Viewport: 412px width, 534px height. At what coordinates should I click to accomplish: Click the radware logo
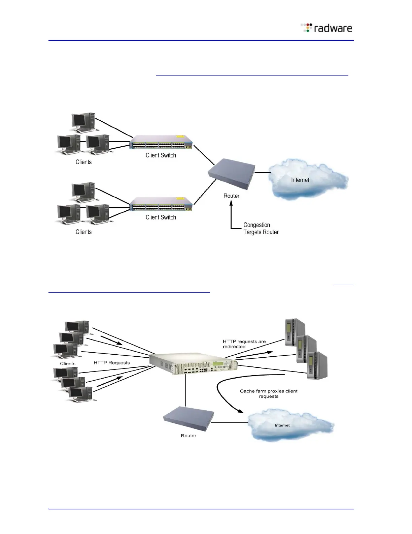(327, 28)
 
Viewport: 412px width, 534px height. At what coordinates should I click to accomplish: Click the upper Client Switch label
(161, 155)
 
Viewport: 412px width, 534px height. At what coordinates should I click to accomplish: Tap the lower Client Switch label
(161, 217)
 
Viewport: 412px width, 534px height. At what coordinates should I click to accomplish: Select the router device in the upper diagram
(232, 175)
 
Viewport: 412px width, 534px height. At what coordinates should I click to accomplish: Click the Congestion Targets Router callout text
(261, 229)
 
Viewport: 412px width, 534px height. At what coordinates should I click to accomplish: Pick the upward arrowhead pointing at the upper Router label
(231, 203)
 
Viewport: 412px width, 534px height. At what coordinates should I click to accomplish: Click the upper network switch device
(161, 143)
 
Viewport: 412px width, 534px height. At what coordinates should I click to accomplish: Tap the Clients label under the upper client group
(83, 162)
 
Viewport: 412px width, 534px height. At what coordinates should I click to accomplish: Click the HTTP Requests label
(111, 363)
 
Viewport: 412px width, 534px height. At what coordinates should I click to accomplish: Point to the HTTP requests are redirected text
(244, 344)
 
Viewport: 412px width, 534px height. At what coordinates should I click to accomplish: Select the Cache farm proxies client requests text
(269, 393)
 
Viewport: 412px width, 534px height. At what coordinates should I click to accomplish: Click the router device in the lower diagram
(188, 419)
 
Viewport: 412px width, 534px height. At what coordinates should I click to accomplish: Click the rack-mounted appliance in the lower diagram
(194, 364)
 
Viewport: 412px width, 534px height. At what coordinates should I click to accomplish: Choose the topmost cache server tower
(295, 332)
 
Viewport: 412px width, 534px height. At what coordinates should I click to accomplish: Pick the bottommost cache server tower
(317, 366)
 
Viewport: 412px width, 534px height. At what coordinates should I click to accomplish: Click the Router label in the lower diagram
(188, 436)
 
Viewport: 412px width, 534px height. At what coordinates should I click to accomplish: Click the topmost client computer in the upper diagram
(83, 122)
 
